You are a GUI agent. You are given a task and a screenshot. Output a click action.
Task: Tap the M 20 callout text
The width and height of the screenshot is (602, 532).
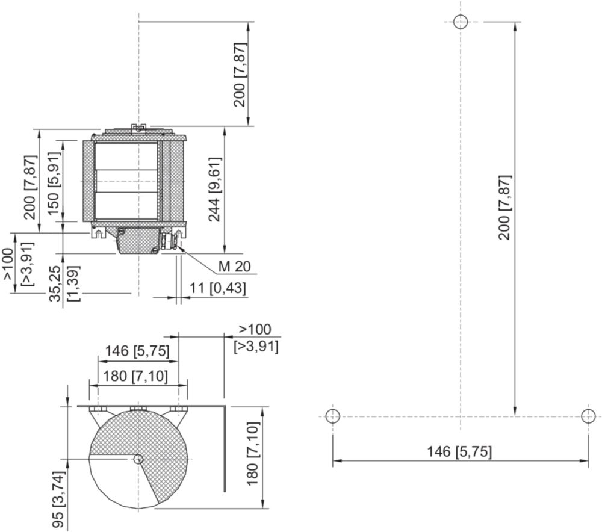(234, 267)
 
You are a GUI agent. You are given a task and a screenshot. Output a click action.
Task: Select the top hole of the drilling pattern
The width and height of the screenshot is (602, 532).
(461, 22)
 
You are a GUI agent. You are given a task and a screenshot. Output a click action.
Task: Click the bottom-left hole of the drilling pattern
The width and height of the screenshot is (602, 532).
(333, 416)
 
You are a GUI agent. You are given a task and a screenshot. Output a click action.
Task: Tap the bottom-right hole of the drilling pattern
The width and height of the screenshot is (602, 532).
(588, 416)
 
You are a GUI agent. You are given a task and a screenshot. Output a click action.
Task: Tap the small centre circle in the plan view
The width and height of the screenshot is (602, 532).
(138, 459)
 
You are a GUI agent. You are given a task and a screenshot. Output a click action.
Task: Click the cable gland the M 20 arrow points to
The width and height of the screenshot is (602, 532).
(170, 242)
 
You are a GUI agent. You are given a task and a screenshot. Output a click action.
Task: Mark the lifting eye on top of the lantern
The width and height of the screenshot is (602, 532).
(138, 128)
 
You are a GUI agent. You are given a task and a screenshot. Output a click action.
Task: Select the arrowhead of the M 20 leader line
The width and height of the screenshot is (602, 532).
(180, 248)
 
